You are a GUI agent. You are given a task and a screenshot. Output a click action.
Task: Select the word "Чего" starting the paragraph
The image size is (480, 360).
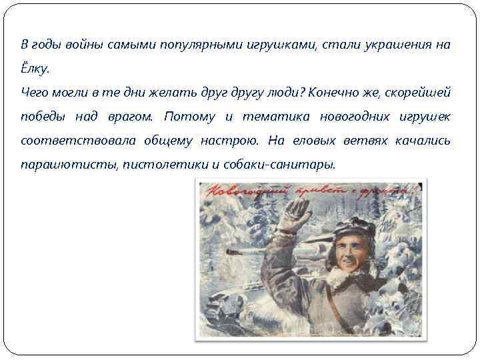tap(33, 92)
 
